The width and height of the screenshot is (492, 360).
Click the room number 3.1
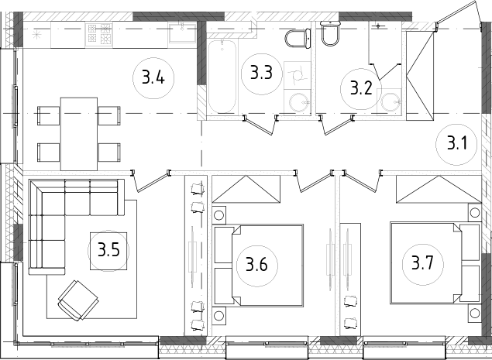[457, 143]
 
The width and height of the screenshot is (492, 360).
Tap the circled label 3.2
[361, 87]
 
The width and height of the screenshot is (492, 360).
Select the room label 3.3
[260, 74]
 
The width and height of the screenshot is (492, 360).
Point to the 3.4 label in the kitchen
[152, 77]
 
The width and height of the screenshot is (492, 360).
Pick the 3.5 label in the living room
[108, 251]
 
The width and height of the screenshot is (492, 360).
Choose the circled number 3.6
[256, 265]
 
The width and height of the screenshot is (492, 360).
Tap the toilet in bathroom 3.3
[295, 39]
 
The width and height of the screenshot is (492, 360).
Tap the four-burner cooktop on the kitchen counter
[101, 34]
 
